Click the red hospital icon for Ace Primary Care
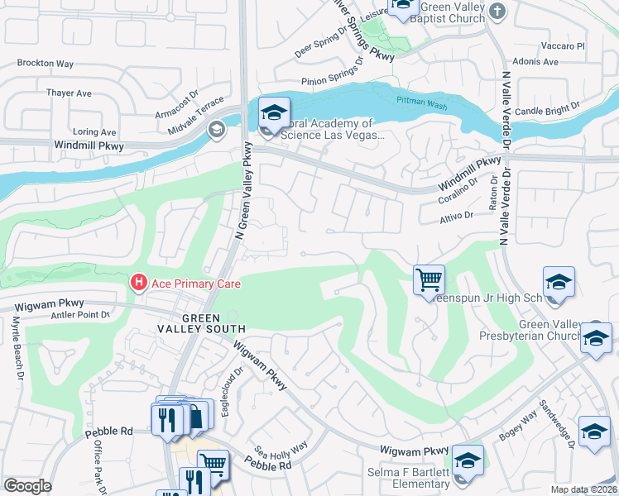(x=139, y=284)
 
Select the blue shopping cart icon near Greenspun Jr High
(x=429, y=280)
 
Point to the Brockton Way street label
(x=46, y=63)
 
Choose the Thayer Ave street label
(x=69, y=93)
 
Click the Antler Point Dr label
(x=81, y=314)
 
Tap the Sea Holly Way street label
(x=281, y=451)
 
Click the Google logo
(x=28, y=486)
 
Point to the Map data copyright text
(x=582, y=489)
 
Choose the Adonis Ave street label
(x=535, y=61)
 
